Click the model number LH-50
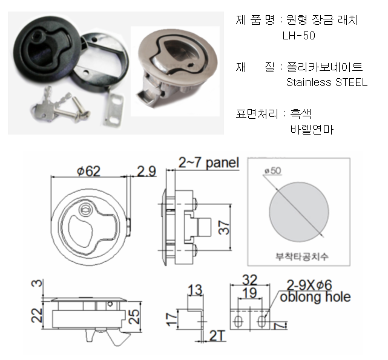point(298,36)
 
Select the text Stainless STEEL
point(327,82)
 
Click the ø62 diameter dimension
point(88,171)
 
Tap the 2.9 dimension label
point(146,171)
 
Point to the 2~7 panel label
point(209,163)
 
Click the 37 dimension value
point(224,227)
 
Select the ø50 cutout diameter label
point(273,170)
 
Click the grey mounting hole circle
point(299,212)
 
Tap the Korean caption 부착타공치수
point(302,256)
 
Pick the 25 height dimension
point(134,316)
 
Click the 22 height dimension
point(37,315)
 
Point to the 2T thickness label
point(217,336)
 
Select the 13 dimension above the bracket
point(195,290)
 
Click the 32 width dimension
point(249,280)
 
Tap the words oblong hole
point(315,297)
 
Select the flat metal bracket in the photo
point(113,109)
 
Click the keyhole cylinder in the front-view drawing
point(85,210)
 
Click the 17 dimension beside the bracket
point(172,319)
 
